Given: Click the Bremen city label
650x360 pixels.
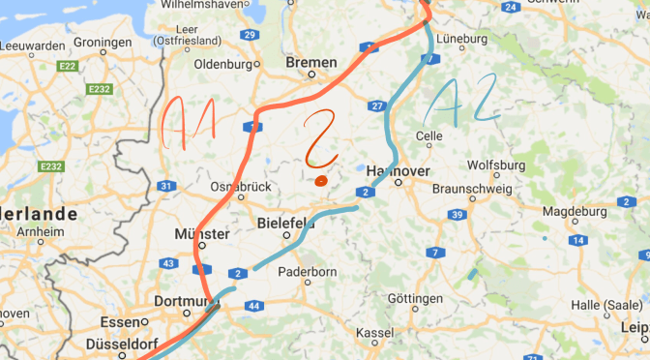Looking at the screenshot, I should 311,63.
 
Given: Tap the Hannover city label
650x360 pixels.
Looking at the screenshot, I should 399,170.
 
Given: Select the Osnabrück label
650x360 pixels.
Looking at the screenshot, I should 240,187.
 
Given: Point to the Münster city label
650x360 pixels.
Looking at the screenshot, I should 201,234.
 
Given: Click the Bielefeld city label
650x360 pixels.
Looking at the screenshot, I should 287,223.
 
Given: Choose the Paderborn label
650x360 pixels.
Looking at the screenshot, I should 307,272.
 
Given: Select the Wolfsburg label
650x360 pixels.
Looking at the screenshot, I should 495,165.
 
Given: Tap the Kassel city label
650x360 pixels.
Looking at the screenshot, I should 375,332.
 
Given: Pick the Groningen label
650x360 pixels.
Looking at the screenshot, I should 102,43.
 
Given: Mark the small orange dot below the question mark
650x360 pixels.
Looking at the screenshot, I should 321,179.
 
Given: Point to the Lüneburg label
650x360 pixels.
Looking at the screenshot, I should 462,39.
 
